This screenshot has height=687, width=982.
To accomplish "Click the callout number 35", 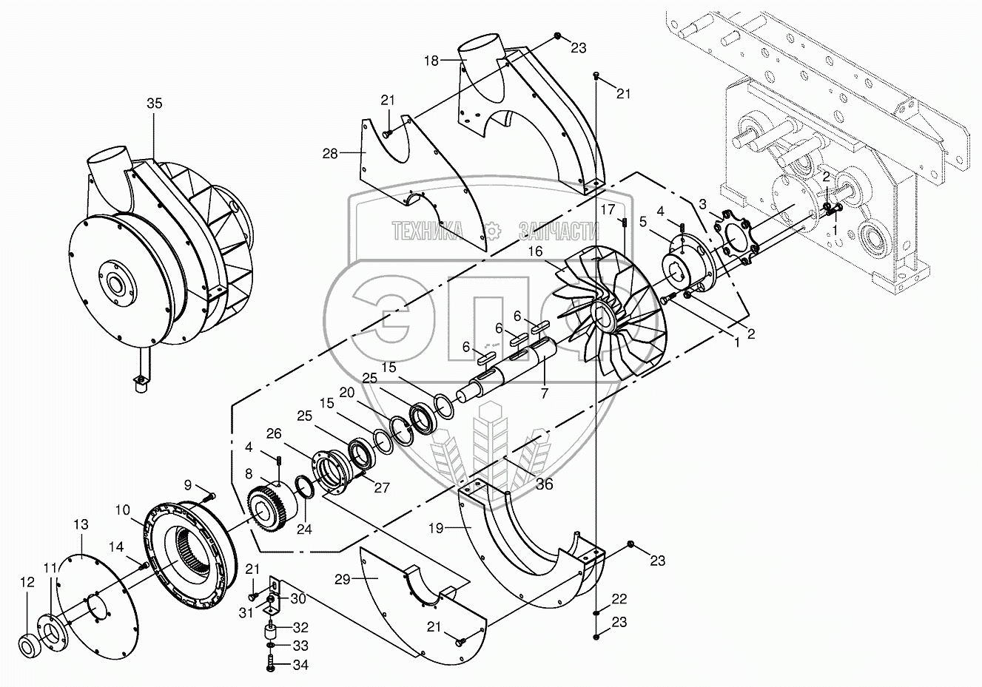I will [154, 104].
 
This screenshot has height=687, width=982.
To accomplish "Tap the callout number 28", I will [330, 153].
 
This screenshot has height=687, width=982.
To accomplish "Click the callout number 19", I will [436, 528].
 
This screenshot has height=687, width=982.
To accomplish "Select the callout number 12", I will [27, 582].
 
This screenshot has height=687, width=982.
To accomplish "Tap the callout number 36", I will [545, 485].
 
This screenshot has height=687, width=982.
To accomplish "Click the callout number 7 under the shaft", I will [544, 393].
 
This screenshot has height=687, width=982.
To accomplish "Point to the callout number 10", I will [123, 510].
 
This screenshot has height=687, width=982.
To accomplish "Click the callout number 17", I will [608, 209].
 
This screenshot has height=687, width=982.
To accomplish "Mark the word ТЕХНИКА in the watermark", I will [428, 231].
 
